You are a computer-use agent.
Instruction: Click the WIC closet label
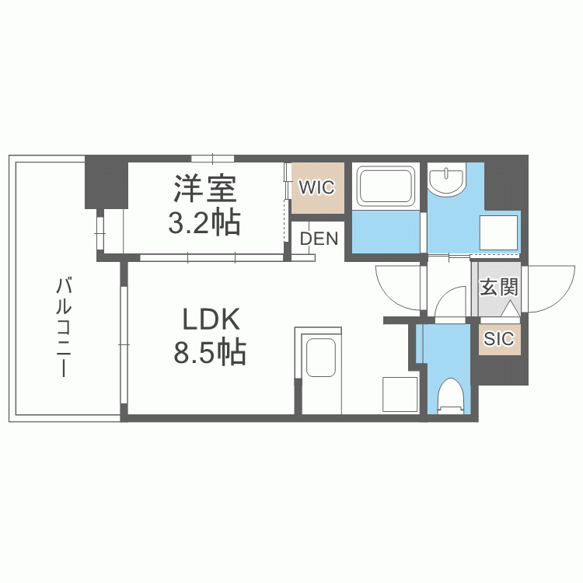point(317,187)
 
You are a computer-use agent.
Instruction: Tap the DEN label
point(319,239)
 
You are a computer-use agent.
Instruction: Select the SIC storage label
point(498,339)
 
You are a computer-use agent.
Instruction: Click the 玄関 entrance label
point(498,288)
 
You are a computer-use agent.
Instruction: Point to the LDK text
point(211,319)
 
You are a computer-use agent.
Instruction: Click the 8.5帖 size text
point(210,351)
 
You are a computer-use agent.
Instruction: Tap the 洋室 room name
point(205,189)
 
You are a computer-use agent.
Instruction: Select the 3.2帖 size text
point(204,223)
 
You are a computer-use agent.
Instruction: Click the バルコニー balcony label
point(64,327)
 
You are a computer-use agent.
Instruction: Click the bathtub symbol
point(386,187)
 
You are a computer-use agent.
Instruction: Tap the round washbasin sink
point(446,181)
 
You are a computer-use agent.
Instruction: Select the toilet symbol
point(450,396)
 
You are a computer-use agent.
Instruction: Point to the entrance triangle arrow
point(509,309)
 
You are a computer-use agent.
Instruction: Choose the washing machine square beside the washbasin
point(498,232)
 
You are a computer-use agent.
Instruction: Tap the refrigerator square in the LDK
point(400,394)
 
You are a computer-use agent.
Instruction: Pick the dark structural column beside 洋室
point(106,182)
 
